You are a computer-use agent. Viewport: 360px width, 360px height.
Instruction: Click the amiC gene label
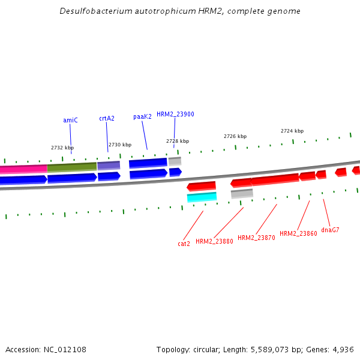[70, 120]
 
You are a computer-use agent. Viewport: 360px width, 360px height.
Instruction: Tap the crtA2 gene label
[107, 118]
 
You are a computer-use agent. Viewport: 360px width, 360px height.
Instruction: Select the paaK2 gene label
[142, 116]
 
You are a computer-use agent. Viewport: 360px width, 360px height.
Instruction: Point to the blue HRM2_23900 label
[175, 114]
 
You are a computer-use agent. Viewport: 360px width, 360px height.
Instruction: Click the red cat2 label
[184, 244]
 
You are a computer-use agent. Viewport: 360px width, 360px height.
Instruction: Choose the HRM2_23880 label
[214, 241]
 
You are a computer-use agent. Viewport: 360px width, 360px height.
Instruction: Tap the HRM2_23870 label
[256, 238]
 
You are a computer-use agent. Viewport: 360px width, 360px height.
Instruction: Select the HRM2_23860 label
[298, 233]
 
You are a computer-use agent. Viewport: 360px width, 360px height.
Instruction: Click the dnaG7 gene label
[330, 230]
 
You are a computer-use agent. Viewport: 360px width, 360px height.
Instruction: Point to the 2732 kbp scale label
[62, 148]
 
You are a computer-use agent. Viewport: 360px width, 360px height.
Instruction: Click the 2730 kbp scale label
[120, 145]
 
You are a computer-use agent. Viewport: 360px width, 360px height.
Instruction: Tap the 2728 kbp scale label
[178, 141]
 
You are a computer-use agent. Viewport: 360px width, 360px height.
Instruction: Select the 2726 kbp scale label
[235, 136]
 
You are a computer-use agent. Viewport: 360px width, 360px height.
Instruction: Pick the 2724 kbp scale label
[292, 131]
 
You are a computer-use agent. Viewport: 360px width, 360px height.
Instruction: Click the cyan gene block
[202, 197]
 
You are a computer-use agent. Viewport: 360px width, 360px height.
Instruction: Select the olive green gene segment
[72, 167]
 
